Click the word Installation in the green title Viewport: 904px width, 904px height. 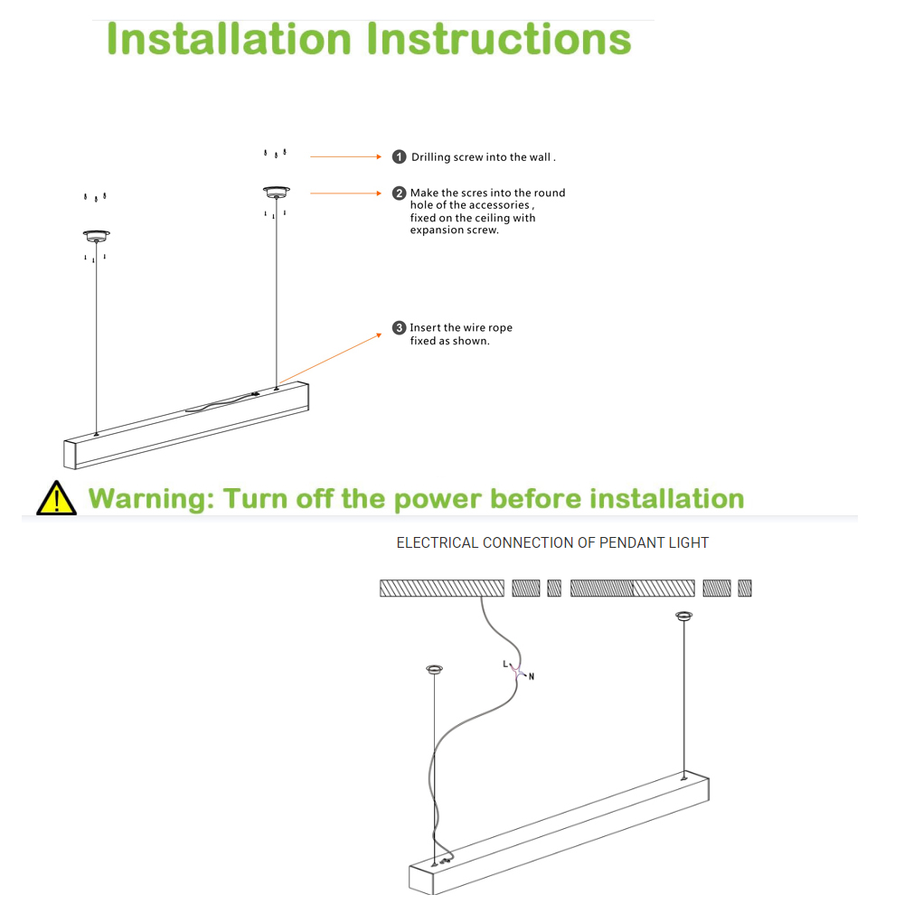point(229,40)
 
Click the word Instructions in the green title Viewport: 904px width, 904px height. point(500,40)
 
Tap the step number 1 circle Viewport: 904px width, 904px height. point(399,157)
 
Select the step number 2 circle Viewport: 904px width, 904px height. point(399,193)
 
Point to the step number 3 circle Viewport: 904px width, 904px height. point(399,328)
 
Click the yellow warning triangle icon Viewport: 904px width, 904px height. point(56,498)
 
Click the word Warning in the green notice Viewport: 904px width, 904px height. point(151,499)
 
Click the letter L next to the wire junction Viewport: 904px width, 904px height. point(505,664)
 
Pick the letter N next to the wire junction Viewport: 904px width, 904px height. point(532,676)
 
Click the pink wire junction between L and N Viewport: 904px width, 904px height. point(518,671)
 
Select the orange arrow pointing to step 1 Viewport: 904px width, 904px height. point(346,156)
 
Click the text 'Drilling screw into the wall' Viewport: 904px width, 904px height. point(483,157)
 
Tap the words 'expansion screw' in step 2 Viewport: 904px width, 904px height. point(454,231)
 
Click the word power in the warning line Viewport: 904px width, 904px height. point(438,499)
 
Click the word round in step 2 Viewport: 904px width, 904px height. point(550,193)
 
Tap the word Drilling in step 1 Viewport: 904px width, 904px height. point(430,157)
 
